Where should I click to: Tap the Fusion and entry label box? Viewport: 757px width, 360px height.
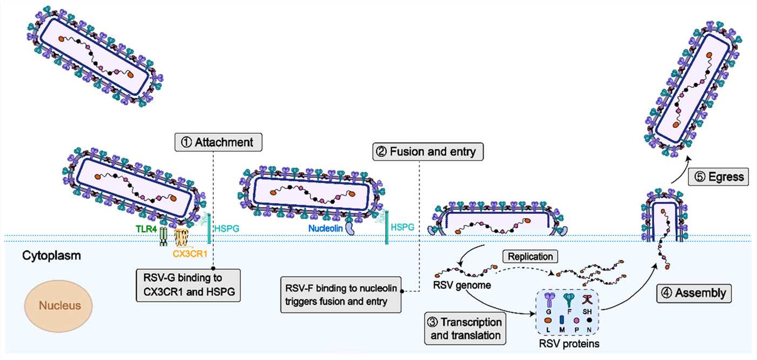(x=428, y=152)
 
